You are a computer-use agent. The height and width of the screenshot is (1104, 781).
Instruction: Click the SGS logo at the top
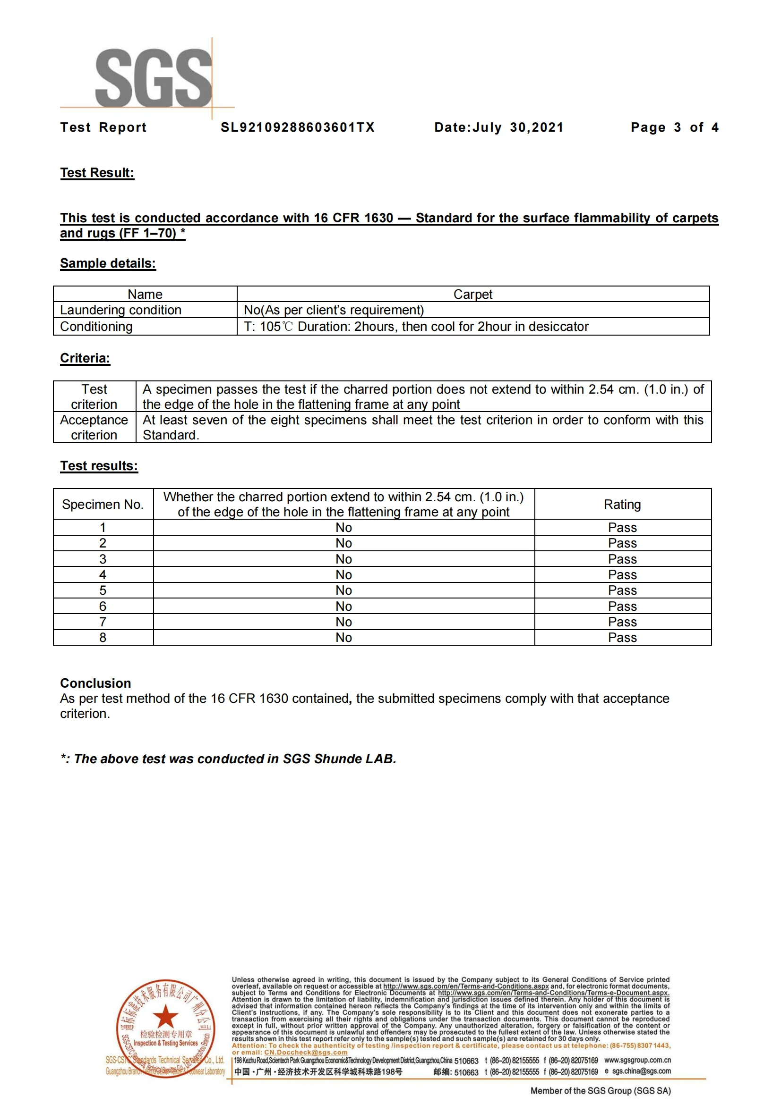[153, 78]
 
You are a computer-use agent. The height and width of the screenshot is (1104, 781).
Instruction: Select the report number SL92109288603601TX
[297, 127]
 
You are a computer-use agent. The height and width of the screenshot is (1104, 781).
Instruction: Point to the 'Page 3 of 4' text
[674, 127]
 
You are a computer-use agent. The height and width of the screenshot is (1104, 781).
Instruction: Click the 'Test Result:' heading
[97, 173]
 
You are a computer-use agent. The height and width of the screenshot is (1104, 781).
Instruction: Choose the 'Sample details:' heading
[108, 263]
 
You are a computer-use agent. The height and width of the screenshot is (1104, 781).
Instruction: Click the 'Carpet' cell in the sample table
[472, 294]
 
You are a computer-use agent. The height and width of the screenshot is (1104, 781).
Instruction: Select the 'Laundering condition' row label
[121, 310]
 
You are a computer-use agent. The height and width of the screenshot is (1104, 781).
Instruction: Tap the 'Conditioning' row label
[96, 327]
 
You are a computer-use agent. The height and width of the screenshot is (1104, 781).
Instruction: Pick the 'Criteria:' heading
[85, 358]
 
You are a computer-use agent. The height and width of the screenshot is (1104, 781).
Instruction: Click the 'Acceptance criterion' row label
[94, 427]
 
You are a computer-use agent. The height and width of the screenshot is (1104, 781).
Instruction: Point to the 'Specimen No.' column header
[103, 505]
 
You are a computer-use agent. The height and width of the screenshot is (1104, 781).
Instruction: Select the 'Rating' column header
[622, 505]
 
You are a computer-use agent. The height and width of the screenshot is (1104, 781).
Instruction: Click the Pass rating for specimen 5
[622, 590]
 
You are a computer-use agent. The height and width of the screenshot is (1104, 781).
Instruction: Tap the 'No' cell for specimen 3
[343, 559]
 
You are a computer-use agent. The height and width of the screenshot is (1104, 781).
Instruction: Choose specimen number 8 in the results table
[103, 638]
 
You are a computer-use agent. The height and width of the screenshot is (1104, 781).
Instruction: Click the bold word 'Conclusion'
[96, 683]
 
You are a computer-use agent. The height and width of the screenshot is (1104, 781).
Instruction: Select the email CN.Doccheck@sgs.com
[306, 1053]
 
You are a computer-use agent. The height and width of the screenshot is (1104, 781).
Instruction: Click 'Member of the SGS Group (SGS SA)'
[600, 1091]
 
